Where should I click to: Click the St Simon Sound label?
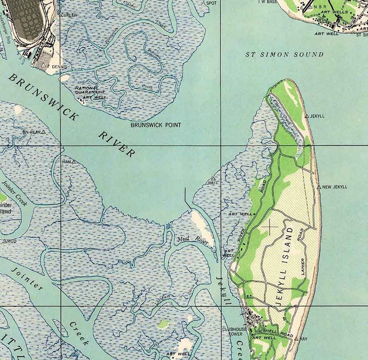pos(284,55)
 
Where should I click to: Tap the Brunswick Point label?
pos(156,125)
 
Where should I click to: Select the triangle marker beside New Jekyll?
pos(319,186)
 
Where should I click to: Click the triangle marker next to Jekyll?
pos(306,116)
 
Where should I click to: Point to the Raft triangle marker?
pos(214,179)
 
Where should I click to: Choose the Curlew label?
pos(69,15)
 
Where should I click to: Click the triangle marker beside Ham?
pos(74,162)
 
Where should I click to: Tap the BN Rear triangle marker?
pos(44,132)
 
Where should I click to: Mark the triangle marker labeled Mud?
pos(5,241)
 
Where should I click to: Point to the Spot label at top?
pos(211,3)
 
